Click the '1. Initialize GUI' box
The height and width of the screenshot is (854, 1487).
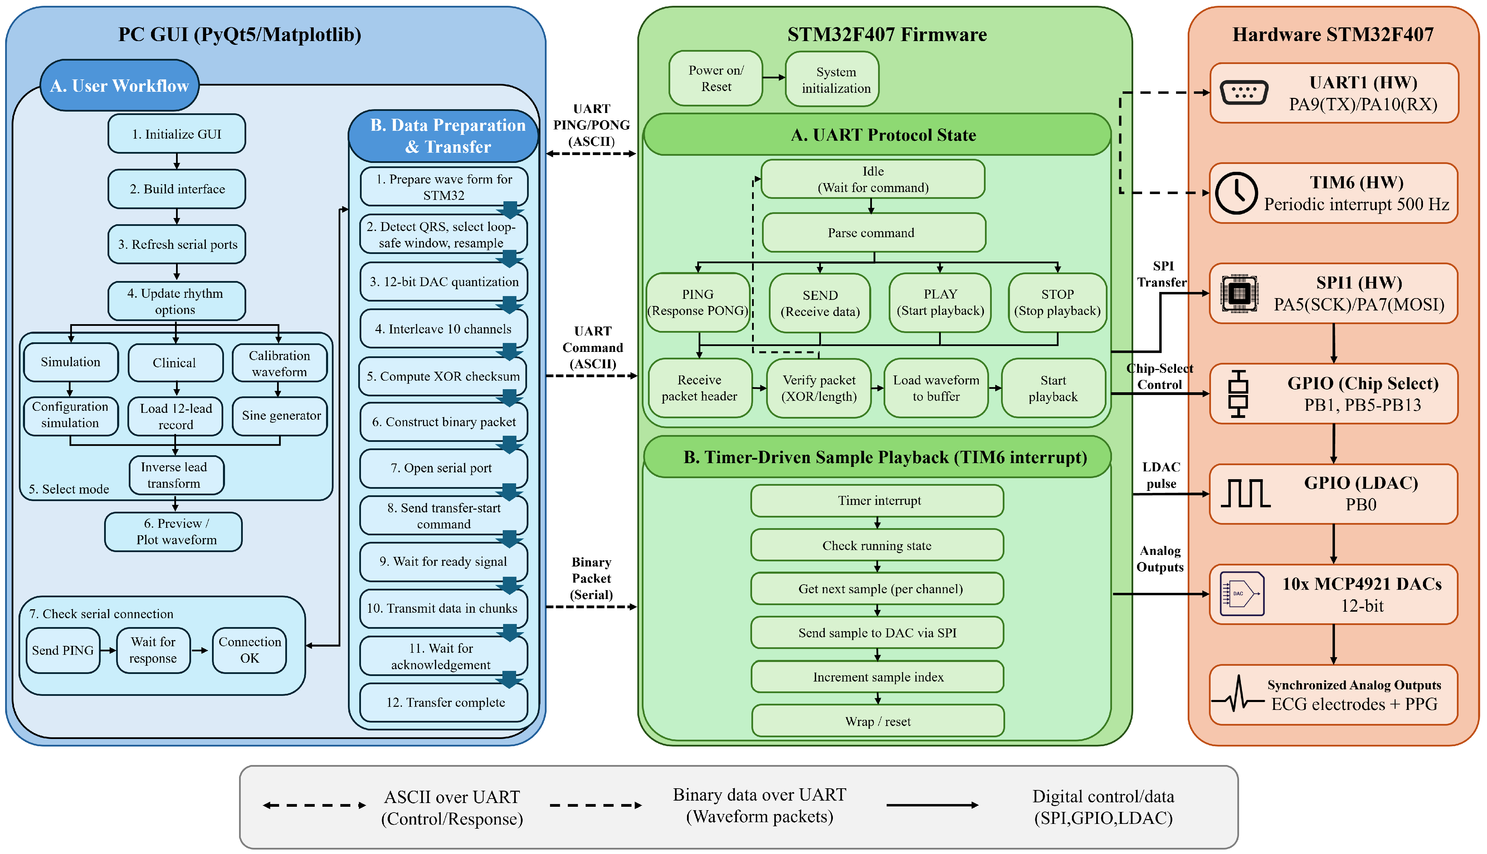(x=177, y=134)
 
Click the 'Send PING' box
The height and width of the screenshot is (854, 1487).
(x=63, y=650)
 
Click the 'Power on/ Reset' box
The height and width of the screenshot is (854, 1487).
(x=716, y=78)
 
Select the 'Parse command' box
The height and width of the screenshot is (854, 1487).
(x=874, y=233)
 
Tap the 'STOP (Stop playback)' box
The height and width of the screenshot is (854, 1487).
(x=1058, y=303)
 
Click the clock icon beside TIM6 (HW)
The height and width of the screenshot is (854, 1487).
(x=1236, y=193)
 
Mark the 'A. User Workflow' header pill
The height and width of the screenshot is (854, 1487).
(x=120, y=86)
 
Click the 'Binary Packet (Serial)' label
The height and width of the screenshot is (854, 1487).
(x=591, y=578)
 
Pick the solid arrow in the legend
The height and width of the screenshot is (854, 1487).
(x=933, y=805)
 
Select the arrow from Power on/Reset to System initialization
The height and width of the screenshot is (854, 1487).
(x=774, y=77)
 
